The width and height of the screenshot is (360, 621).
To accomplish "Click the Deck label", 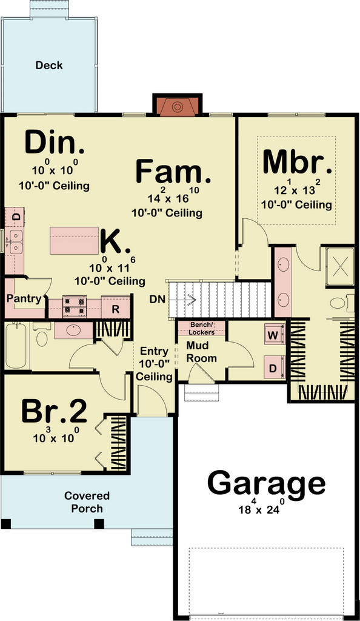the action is pos(49,65).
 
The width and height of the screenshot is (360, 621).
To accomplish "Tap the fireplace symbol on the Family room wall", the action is pos(178,107).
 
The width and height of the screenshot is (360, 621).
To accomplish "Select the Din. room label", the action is pos(54,143).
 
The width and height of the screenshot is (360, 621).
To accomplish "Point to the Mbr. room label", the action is pos(297,161).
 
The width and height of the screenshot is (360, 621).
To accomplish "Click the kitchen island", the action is pos(75,240).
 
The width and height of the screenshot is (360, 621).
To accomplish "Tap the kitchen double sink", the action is pos(16,241).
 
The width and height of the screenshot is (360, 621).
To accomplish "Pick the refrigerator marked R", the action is pos(116,308).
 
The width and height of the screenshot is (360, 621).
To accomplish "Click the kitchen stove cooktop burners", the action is pos(75,307).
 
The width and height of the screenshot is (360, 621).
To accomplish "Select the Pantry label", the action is pos(24,299).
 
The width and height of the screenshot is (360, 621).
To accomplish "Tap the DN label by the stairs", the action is pos(158,300).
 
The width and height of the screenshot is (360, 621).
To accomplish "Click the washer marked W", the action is pos(274,335).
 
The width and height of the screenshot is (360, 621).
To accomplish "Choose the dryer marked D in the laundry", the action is pos(274,367).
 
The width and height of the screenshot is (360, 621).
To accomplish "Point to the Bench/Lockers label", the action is pos(202,328).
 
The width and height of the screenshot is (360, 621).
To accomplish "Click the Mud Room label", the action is pos(201,352).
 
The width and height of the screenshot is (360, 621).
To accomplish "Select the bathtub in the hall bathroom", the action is pos(16,345).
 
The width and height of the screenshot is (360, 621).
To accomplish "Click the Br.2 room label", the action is pos(54,412).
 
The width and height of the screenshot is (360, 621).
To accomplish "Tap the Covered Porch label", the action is pos(87,502).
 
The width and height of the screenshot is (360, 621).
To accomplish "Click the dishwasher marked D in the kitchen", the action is pos(15,217).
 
